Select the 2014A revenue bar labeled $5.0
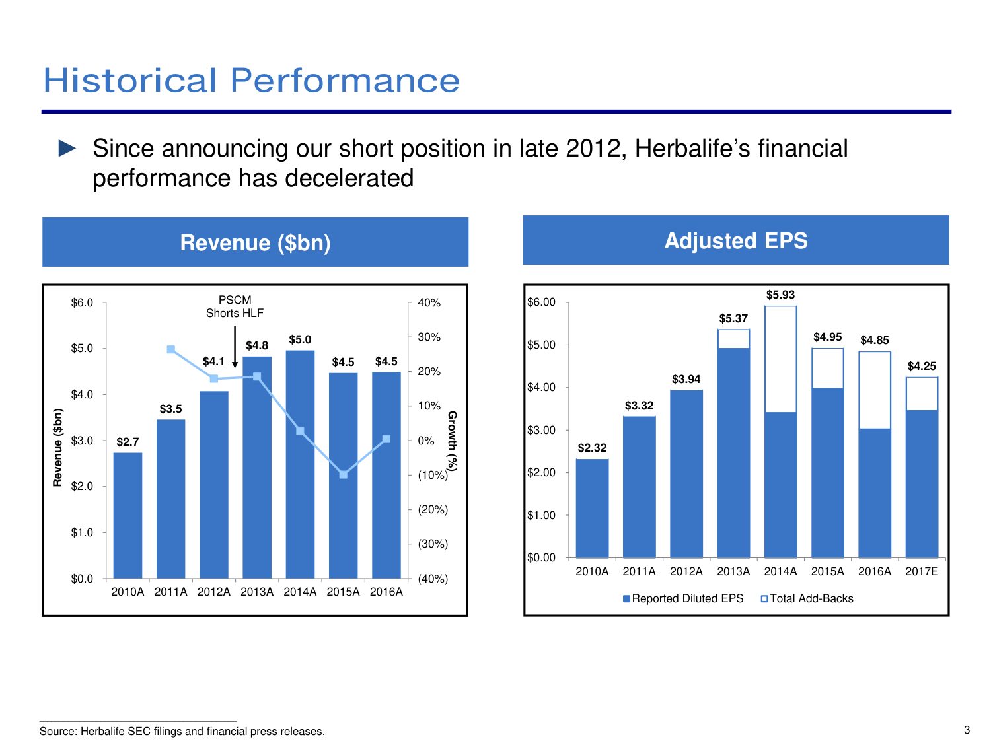300,464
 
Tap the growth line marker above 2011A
170,349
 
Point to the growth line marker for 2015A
343,475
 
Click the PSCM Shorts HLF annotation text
235,306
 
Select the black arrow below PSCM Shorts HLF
235,347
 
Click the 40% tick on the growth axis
429,302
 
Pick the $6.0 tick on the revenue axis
82,302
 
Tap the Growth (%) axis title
453,441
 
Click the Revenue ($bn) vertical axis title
57,447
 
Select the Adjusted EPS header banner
736,240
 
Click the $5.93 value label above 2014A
780,295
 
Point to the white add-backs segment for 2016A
875,390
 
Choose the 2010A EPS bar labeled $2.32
592,508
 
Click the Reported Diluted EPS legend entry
683,598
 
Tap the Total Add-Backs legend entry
807,598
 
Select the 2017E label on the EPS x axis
922,571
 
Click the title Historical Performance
252,81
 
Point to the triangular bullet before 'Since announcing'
67,148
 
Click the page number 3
967,730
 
